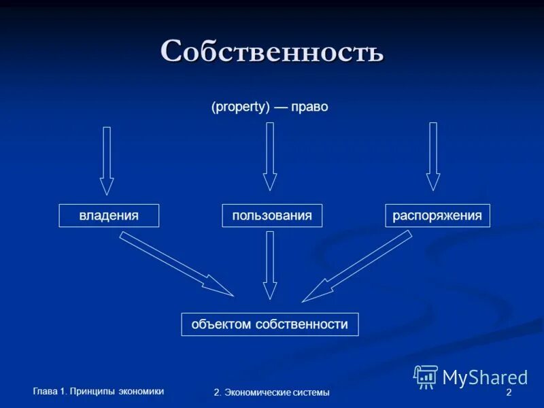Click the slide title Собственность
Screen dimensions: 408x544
[x=272, y=52]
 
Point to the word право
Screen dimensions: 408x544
[x=309, y=107]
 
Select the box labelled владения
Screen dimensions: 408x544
[x=109, y=216]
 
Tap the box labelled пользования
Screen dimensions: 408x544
[x=272, y=216]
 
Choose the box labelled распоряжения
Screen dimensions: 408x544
[x=437, y=216]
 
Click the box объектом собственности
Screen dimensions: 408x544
[x=269, y=324]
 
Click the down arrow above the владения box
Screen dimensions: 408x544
[x=107, y=160]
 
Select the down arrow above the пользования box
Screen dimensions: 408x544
[x=270, y=156]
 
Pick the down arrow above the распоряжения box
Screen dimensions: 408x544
[x=433, y=156]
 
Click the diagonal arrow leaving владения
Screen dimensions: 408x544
[x=176, y=263]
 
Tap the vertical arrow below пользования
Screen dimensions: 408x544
[x=270, y=265]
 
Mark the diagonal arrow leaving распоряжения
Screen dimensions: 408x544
[x=357, y=266]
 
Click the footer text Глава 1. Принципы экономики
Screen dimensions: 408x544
[x=99, y=390]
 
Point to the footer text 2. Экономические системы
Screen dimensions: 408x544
[x=271, y=392]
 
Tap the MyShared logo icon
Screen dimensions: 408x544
[x=426, y=376]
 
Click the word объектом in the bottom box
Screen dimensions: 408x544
[x=222, y=324]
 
